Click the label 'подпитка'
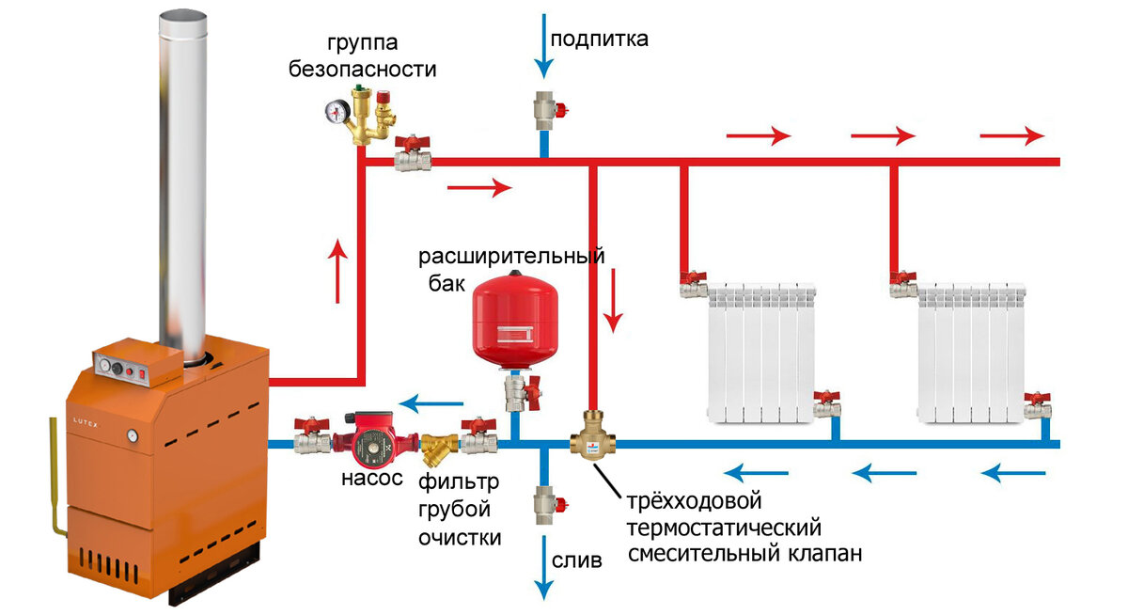coord(599,39)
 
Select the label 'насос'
coord(371,479)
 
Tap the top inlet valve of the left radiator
coord(692,280)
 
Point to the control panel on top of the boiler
coord(136,364)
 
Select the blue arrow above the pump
coord(435,404)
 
